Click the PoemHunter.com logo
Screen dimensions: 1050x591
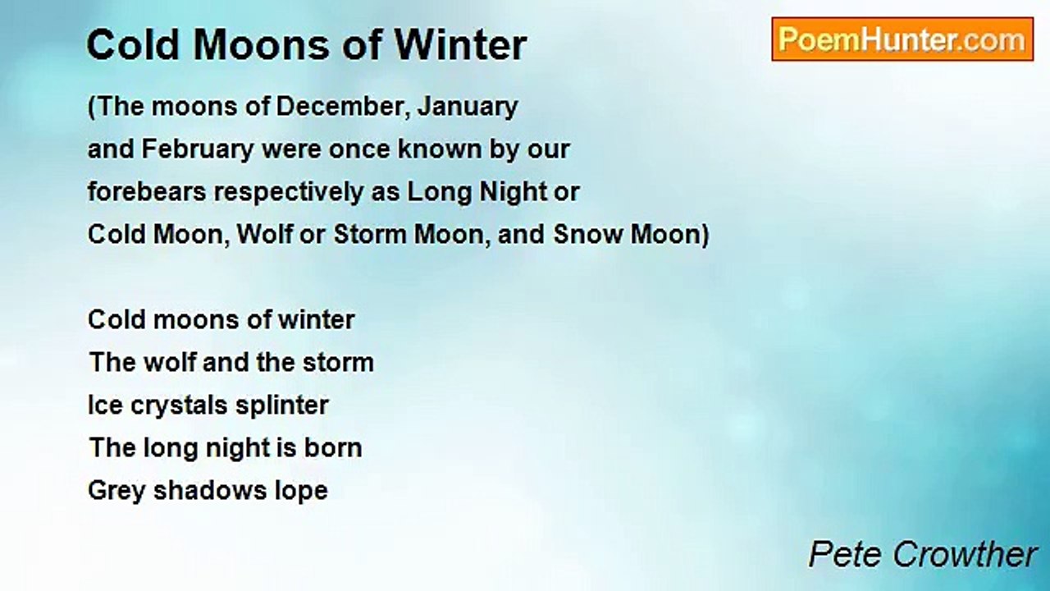point(902,39)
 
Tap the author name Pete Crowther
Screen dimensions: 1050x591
point(923,555)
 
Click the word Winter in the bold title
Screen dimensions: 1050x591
point(460,45)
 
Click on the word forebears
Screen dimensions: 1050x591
point(147,192)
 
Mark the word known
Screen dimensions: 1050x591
point(441,149)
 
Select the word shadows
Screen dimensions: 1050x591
point(208,490)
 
